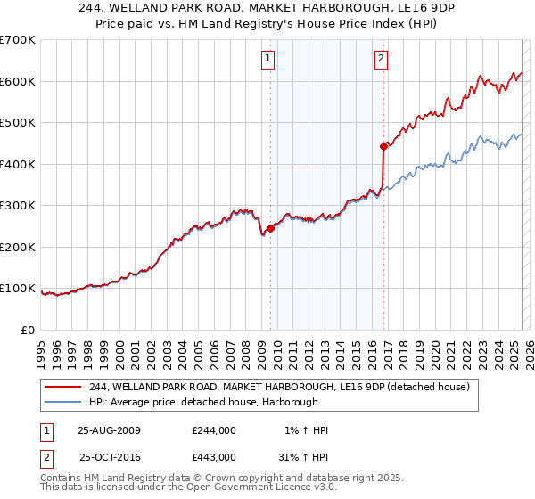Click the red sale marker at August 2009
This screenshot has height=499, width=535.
coord(270,228)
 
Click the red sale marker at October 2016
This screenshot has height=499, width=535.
coord(383,146)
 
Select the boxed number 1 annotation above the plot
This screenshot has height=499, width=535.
coord(268,60)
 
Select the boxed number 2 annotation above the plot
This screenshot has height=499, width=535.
coord(381,60)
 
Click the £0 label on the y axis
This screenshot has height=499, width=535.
coord(29,330)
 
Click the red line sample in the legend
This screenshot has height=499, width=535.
coord(64,387)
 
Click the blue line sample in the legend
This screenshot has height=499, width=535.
coord(64,403)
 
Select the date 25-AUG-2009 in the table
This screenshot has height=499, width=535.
coord(109,430)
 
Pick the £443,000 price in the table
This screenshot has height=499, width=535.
coord(213,457)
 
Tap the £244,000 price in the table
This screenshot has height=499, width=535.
coord(213,430)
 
